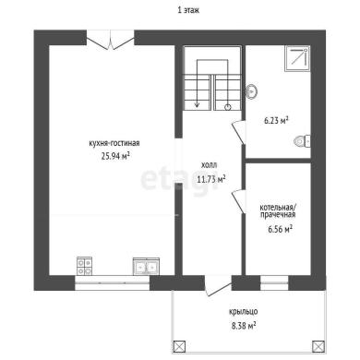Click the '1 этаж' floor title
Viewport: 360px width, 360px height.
(x=188, y=10)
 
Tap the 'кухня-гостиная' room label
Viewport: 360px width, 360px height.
(x=114, y=143)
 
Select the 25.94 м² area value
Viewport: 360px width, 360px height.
(x=115, y=156)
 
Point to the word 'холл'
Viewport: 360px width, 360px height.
(x=209, y=165)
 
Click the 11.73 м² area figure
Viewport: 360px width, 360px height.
(x=211, y=179)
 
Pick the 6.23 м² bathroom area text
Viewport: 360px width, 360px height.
(x=276, y=120)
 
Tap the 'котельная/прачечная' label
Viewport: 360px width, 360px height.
(x=278, y=210)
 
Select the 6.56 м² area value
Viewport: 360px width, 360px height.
(x=280, y=229)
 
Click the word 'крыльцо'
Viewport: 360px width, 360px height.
(x=243, y=312)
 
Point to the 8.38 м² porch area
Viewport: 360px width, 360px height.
(x=244, y=326)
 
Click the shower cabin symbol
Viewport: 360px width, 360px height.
(x=297, y=58)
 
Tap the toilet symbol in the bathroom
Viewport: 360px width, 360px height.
(x=302, y=141)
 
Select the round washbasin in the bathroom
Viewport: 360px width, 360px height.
(x=252, y=91)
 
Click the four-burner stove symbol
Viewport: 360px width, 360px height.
(x=84, y=266)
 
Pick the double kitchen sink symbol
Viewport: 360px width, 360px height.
(x=146, y=267)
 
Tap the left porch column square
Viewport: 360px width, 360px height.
(x=179, y=346)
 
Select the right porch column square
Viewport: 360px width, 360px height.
(x=318, y=346)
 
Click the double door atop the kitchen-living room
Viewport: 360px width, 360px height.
(x=110, y=40)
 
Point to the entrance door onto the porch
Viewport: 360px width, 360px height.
(x=218, y=286)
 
